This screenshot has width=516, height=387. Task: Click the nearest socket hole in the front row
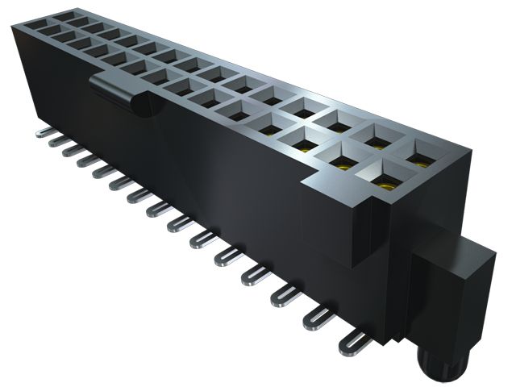click(x=385, y=180)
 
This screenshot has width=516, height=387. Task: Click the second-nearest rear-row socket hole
click(x=377, y=139)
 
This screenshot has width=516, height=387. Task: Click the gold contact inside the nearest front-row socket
click(x=385, y=184)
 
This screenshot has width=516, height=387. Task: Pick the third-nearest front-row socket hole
click(x=303, y=143)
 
